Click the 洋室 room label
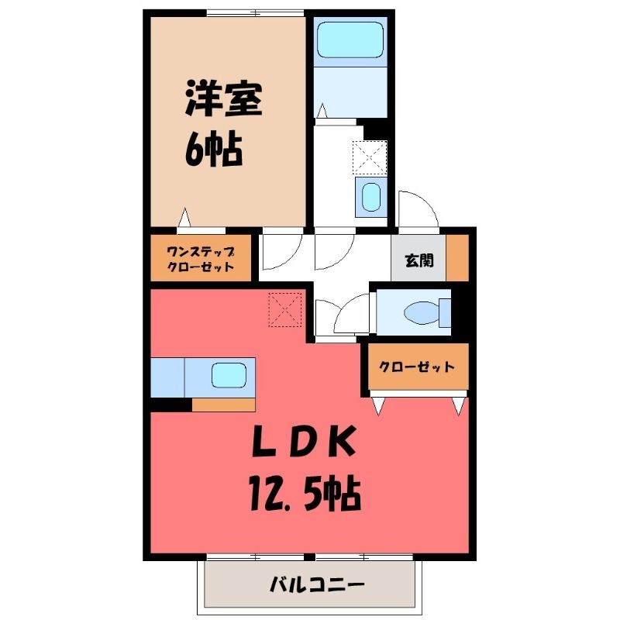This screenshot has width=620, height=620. (x=224, y=98)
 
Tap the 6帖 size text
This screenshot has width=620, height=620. (x=214, y=150)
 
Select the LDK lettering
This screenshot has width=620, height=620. (x=304, y=441)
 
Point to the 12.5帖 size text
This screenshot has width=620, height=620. (x=305, y=494)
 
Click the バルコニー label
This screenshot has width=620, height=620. (x=317, y=584)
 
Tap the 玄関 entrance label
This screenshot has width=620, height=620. (x=419, y=260)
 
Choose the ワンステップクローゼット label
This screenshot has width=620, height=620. (x=201, y=259)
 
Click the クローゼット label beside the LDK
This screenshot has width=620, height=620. (x=417, y=367)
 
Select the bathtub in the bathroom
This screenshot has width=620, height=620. (x=350, y=40)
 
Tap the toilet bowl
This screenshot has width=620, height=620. (x=422, y=312)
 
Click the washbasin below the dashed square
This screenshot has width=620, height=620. (x=371, y=197)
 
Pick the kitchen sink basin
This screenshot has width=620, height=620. (x=229, y=375)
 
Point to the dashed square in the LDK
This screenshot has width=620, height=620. (x=285, y=309)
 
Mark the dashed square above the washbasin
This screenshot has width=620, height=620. (x=370, y=158)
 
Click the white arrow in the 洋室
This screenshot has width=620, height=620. (x=184, y=217)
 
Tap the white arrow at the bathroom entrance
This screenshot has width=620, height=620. (x=322, y=110)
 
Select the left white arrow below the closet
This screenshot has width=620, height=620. (x=378, y=406)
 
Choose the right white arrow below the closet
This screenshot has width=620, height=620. (x=459, y=406)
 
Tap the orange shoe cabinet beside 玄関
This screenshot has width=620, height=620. (x=457, y=258)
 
